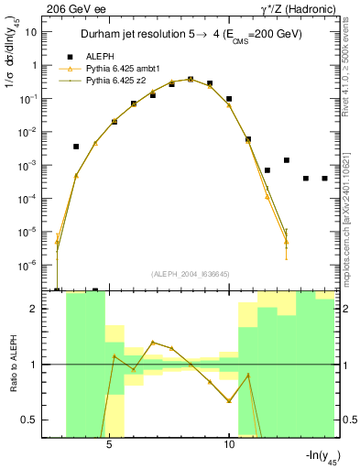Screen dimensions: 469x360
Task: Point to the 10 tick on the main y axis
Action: click(x=30, y=32)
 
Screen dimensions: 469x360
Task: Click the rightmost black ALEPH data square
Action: click(x=324, y=179)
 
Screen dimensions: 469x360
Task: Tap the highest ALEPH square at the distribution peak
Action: click(x=191, y=80)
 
